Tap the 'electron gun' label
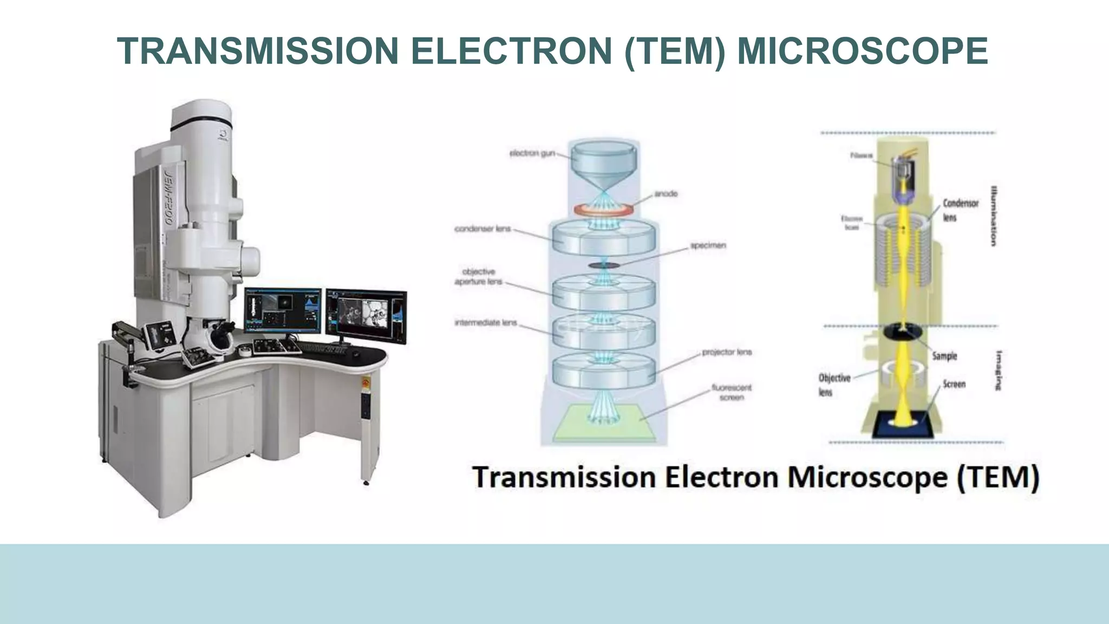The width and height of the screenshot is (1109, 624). point(532,153)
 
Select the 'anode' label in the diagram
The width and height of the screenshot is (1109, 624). point(666,193)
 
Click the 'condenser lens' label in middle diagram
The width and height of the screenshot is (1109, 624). point(482,229)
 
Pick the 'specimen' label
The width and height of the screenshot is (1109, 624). point(708,245)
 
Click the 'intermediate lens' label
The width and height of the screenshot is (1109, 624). point(486,323)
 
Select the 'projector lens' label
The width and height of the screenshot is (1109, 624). point(727,352)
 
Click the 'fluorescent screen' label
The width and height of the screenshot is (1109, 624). point(731,392)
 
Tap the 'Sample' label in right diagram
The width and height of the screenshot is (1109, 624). point(944,356)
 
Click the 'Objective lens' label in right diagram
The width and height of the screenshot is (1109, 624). point(834,384)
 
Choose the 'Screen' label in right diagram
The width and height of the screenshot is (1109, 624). point(954,384)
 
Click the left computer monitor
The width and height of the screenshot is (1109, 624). point(282,310)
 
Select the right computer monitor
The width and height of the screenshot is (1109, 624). point(366,315)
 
